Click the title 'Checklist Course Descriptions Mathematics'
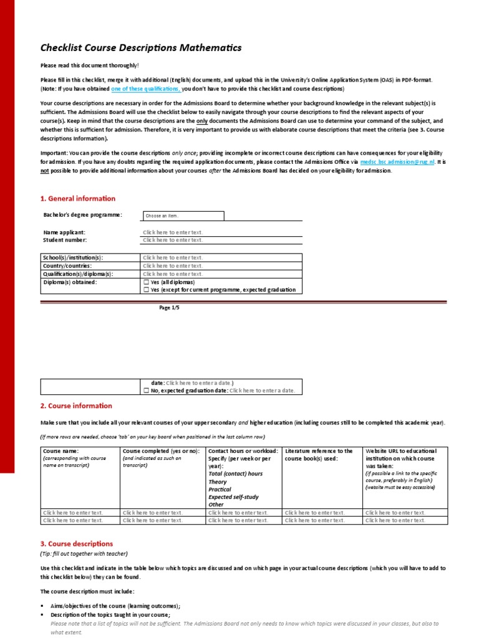[132, 48]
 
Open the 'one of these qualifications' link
[146, 89]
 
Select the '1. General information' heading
[78, 199]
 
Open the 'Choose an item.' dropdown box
[183, 216]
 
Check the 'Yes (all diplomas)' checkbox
[146, 282]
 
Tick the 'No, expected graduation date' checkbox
[146, 391]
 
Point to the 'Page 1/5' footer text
[170, 308]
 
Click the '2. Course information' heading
[76, 406]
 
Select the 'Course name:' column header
[60, 450]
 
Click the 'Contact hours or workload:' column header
[242, 450]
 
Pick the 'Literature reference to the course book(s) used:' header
[319, 455]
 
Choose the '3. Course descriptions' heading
[77, 543]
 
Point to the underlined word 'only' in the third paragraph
[201, 121]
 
